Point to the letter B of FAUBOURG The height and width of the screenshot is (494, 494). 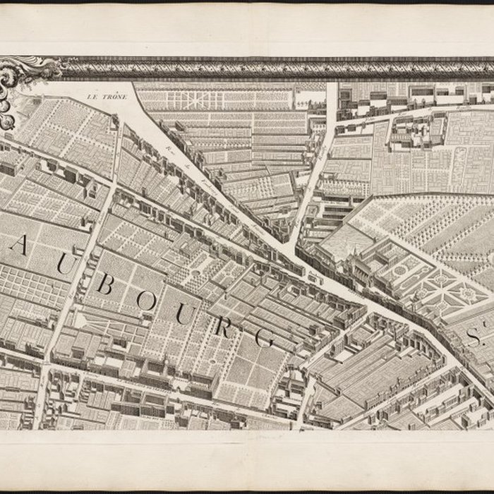(105, 284)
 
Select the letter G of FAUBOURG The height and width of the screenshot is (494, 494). (263, 337)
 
